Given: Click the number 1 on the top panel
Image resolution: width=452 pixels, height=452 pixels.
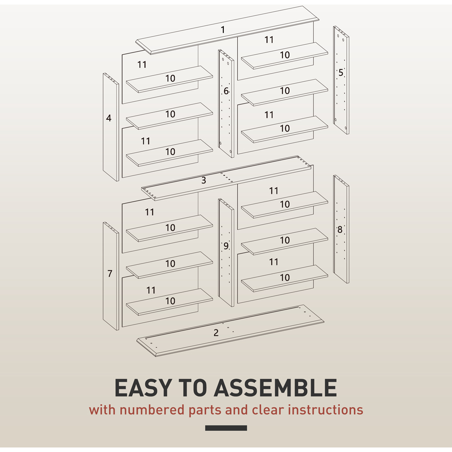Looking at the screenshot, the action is [x=222, y=30].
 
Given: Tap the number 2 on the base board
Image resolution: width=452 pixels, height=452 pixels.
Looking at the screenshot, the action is [x=216, y=333].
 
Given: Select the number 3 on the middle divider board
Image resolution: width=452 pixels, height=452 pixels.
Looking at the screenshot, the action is [x=203, y=180].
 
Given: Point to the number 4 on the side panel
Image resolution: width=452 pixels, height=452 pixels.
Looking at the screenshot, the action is [x=108, y=118].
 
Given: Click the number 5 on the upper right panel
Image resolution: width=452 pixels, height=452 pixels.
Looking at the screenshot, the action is [x=341, y=73].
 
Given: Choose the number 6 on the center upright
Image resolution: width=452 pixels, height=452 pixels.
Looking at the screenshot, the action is [x=226, y=91].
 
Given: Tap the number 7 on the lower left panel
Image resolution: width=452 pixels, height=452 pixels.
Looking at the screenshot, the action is [x=110, y=273].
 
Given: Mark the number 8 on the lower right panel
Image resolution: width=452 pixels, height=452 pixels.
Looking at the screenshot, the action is [x=340, y=230].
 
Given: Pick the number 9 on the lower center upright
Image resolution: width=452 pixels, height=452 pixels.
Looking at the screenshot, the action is [x=226, y=246].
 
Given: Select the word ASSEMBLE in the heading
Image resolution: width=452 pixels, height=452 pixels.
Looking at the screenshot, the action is [x=275, y=388].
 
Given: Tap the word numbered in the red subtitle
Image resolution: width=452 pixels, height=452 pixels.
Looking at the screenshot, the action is [x=152, y=410].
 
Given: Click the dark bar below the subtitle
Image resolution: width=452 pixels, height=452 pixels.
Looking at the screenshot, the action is [x=226, y=428].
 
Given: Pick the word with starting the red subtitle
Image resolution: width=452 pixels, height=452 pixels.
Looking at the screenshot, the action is [x=102, y=410].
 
